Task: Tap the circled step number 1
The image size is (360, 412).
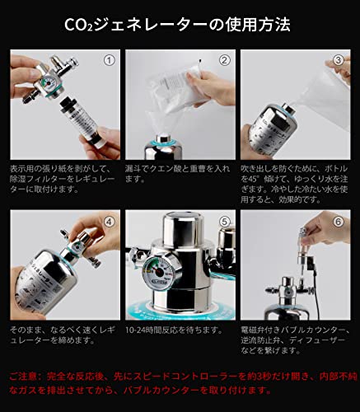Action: coord(108,60)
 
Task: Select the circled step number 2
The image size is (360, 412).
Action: coord(223,60)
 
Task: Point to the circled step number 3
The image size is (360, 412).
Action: coord(338,60)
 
